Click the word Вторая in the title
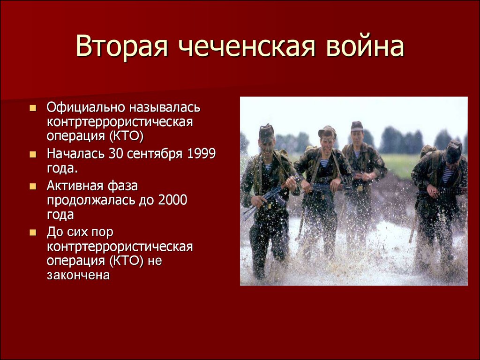122,46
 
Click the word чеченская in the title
247,47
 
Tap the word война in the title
365,46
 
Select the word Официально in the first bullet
86,107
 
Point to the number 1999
201,153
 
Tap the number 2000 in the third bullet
172,200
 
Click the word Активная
73,186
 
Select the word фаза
123,186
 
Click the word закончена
78,275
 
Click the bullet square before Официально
33,108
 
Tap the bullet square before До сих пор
33,232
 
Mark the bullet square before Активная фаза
33,186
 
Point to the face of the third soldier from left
357,138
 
